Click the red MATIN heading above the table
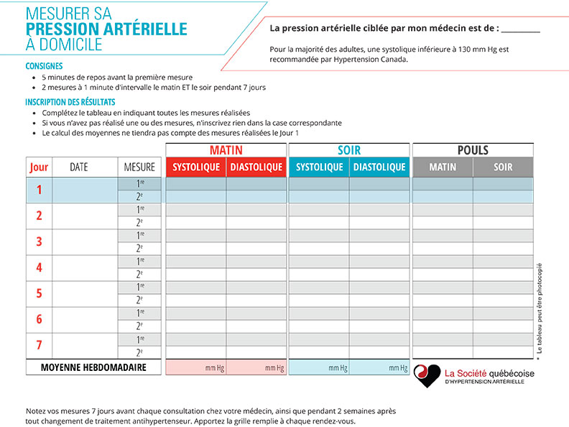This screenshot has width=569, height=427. pos(226,150)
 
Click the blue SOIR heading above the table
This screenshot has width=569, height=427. pos(349,150)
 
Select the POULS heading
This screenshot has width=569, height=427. pos(473,150)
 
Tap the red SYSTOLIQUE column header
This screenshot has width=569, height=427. pos(196,167)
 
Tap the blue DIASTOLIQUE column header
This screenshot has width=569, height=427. pos(379,167)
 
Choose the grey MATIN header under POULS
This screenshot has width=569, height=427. pos(443,167)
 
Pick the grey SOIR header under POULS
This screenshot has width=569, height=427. pos(503,167)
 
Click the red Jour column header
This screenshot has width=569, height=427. pos(39,167)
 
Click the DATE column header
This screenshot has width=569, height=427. pos(79,167)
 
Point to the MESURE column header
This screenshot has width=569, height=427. pos(139,167)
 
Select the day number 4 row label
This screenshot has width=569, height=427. pos(39,267)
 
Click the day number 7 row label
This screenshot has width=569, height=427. pos(39,345)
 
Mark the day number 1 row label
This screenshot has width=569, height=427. pos(39,190)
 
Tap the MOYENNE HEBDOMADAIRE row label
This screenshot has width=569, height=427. pos(93,367)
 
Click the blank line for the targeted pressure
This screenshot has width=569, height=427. pos(520,30)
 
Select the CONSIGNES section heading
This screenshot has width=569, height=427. pos(43,66)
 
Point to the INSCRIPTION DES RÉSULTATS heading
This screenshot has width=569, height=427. pos(70,102)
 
